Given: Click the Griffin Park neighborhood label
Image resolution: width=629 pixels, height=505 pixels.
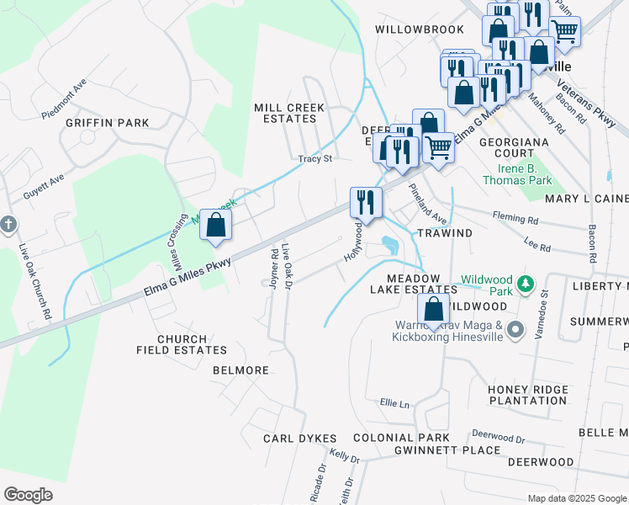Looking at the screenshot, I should [107, 123].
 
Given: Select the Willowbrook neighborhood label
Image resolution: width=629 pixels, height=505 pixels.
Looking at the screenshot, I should [408, 29].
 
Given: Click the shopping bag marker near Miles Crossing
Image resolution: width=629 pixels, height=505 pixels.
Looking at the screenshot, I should [216, 226].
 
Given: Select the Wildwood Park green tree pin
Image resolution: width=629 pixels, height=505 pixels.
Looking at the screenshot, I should [526, 284].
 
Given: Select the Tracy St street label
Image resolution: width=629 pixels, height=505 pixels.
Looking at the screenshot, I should [315, 158].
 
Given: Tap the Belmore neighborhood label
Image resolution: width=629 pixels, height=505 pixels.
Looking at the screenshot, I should [240, 370].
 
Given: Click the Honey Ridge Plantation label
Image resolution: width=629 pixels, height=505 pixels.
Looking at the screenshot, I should [527, 395].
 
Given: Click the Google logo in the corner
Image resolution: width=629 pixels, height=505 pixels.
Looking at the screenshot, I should [28, 495].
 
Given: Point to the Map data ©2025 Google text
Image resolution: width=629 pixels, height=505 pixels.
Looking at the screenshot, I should [576, 498].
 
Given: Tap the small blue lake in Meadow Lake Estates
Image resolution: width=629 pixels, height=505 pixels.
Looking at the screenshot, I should [389, 245].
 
